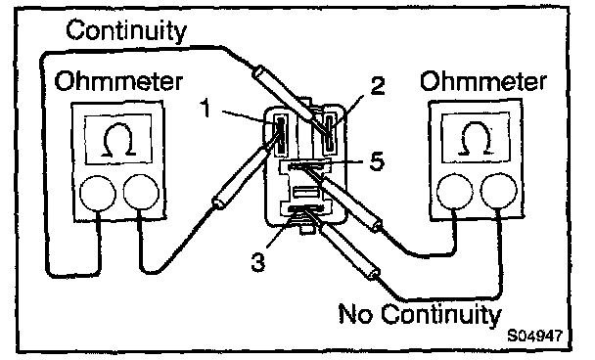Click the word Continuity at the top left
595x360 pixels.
126,30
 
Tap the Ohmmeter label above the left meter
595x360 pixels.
118,81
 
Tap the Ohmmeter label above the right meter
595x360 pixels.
483,81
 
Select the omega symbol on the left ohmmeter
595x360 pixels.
119,140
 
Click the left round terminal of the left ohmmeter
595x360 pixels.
98,193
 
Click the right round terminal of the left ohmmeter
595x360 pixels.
141,192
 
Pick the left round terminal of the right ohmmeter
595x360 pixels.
455,191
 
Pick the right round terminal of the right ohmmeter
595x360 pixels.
499,191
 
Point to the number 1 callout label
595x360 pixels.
206,108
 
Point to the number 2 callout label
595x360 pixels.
378,85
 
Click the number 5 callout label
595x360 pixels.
377,160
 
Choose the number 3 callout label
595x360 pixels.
258,262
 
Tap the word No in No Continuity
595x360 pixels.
355,313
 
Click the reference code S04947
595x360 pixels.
534,336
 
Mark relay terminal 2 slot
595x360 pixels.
329,132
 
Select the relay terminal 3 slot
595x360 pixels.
306,208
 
